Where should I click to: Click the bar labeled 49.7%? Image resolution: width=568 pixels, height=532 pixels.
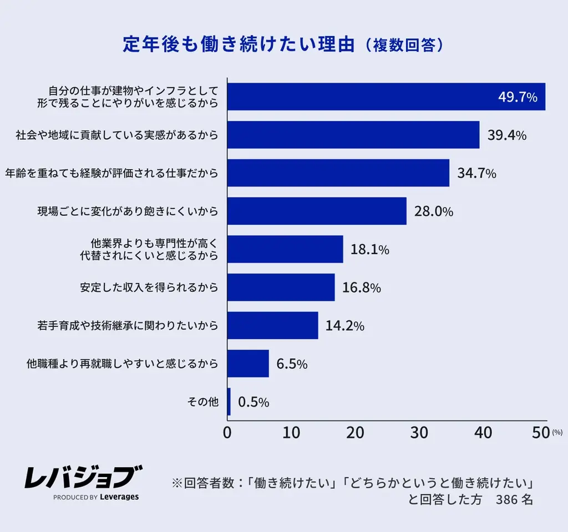tap(386, 97)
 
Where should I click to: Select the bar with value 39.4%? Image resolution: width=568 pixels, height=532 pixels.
tap(353, 135)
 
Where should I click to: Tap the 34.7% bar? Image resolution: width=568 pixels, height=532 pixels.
tap(338, 173)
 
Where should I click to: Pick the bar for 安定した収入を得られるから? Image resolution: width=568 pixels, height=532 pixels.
tap(281, 287)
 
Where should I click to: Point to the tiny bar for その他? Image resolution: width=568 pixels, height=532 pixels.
tap(229, 402)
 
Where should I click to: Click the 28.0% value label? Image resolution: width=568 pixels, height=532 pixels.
tap(434, 211)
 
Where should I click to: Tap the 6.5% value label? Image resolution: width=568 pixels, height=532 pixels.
tap(292, 364)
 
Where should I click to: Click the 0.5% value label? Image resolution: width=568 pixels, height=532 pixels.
tap(253, 402)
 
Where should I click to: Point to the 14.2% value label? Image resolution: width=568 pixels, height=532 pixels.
tap(345, 326)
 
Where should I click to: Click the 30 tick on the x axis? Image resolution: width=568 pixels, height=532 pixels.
tap(419, 433)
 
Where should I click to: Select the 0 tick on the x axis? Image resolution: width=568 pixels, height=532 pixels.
tap(227, 433)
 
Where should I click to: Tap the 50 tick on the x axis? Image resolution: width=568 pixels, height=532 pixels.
tap(540, 433)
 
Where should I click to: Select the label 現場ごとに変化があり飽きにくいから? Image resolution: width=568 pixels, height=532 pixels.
tap(128, 211)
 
